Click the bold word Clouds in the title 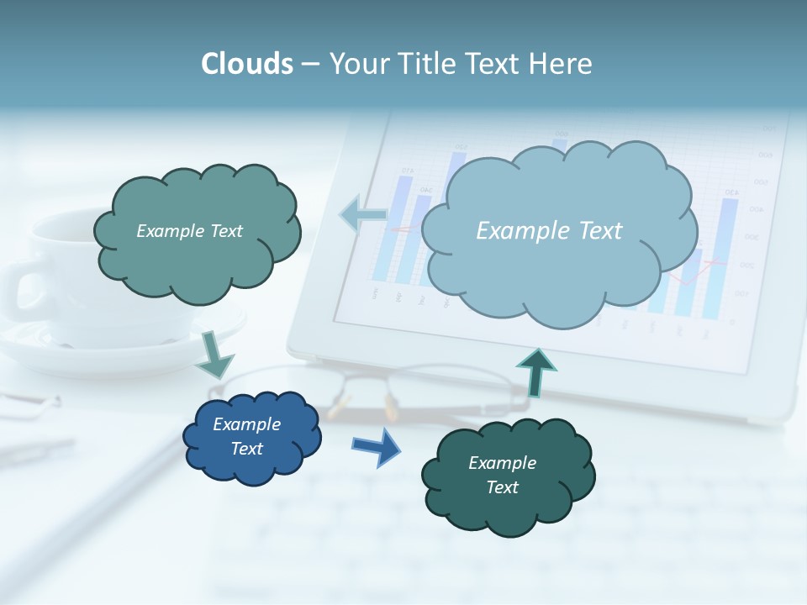tap(247, 64)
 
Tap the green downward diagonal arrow tap(215, 355)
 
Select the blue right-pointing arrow tap(377, 446)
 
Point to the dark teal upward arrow tap(536, 372)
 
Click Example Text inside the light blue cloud tap(549, 231)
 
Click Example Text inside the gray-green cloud tap(189, 231)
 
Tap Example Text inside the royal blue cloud tap(247, 436)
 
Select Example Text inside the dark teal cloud tap(502, 475)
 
